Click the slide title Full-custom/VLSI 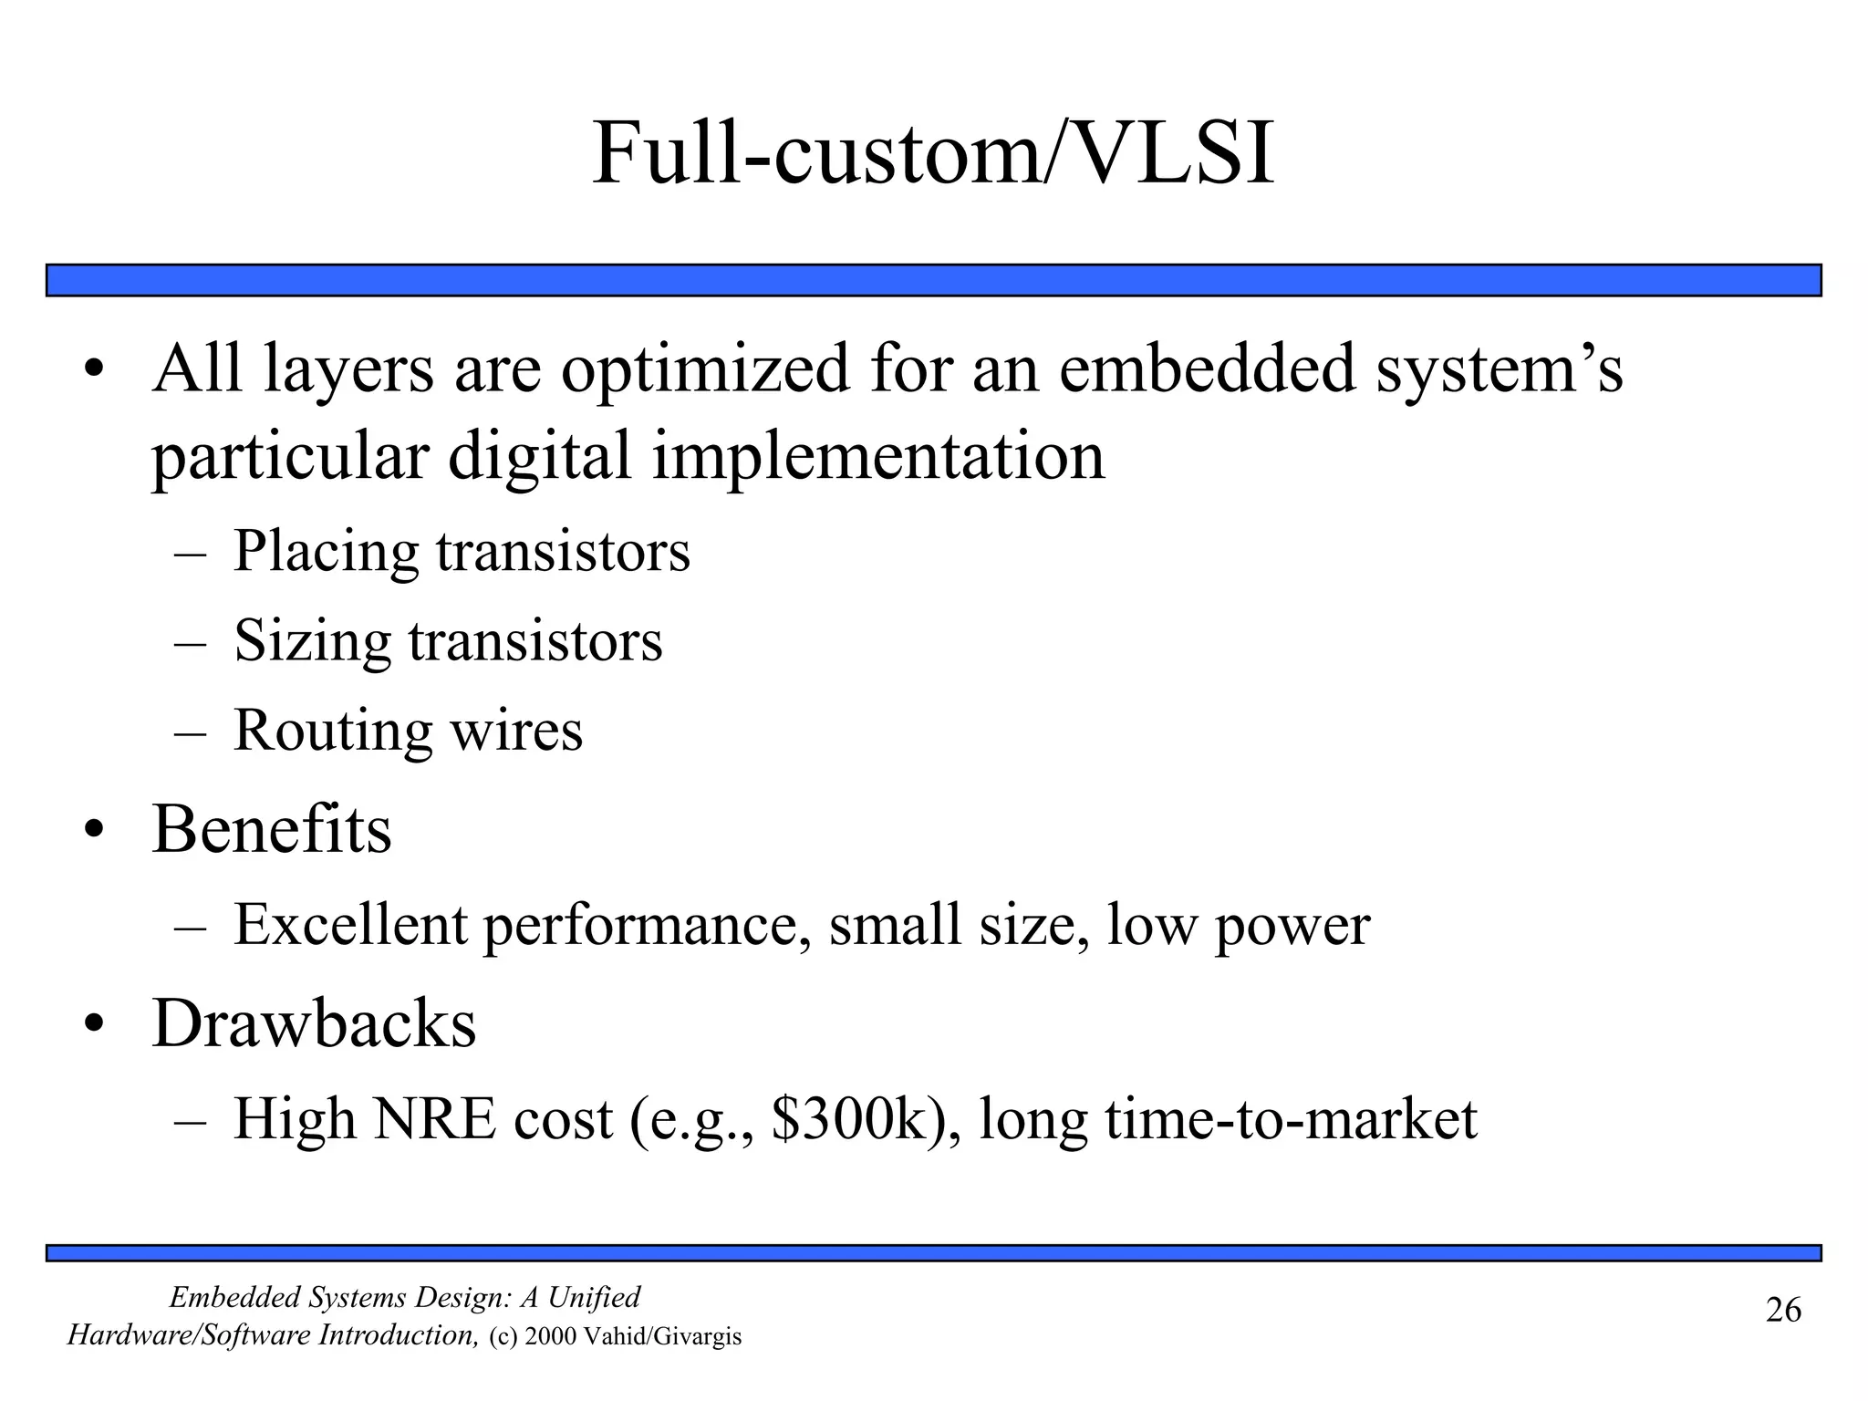(x=933, y=155)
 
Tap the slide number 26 (x=1783, y=1310)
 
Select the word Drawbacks (x=314, y=1023)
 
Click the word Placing (x=326, y=553)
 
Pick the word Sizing (x=312, y=641)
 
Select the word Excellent (x=350, y=925)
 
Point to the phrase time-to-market (x=1291, y=1119)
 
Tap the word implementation (x=877, y=456)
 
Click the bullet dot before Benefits (x=95, y=831)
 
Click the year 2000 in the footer (x=552, y=1337)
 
